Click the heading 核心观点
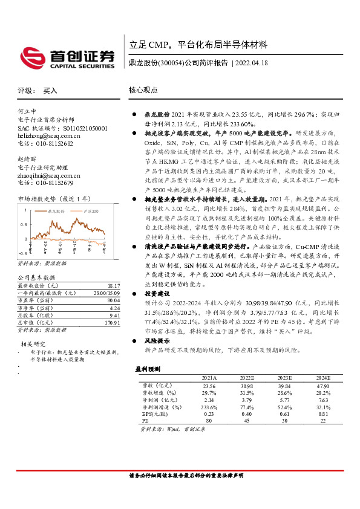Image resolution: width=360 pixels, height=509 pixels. pos(143,90)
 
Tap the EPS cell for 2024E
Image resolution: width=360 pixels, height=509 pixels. pos(322,414)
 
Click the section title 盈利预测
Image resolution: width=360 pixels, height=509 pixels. pos(148,368)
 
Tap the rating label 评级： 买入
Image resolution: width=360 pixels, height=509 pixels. pos(38,90)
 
